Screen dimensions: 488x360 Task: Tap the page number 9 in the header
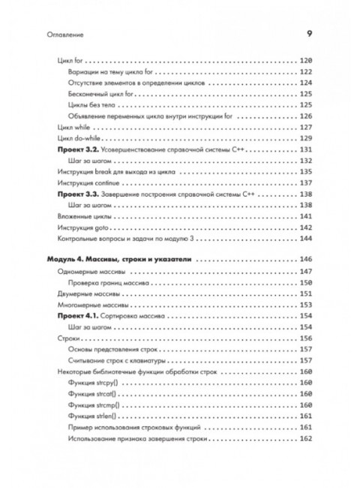pos(310,33)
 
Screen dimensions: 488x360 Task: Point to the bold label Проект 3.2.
pos(79,151)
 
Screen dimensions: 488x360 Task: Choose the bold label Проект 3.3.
pos(79,194)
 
